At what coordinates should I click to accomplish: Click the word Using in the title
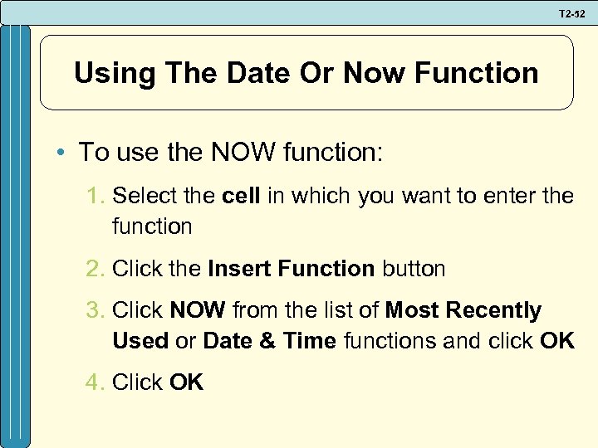point(112,73)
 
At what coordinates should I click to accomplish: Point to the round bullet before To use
point(63,153)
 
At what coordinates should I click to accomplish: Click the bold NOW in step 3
point(198,311)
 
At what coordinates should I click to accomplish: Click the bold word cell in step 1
point(242,197)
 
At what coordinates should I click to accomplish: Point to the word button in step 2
point(413,269)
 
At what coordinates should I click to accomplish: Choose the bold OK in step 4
point(186,382)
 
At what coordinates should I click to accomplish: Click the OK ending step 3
point(556,340)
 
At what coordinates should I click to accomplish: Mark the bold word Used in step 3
point(140,340)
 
